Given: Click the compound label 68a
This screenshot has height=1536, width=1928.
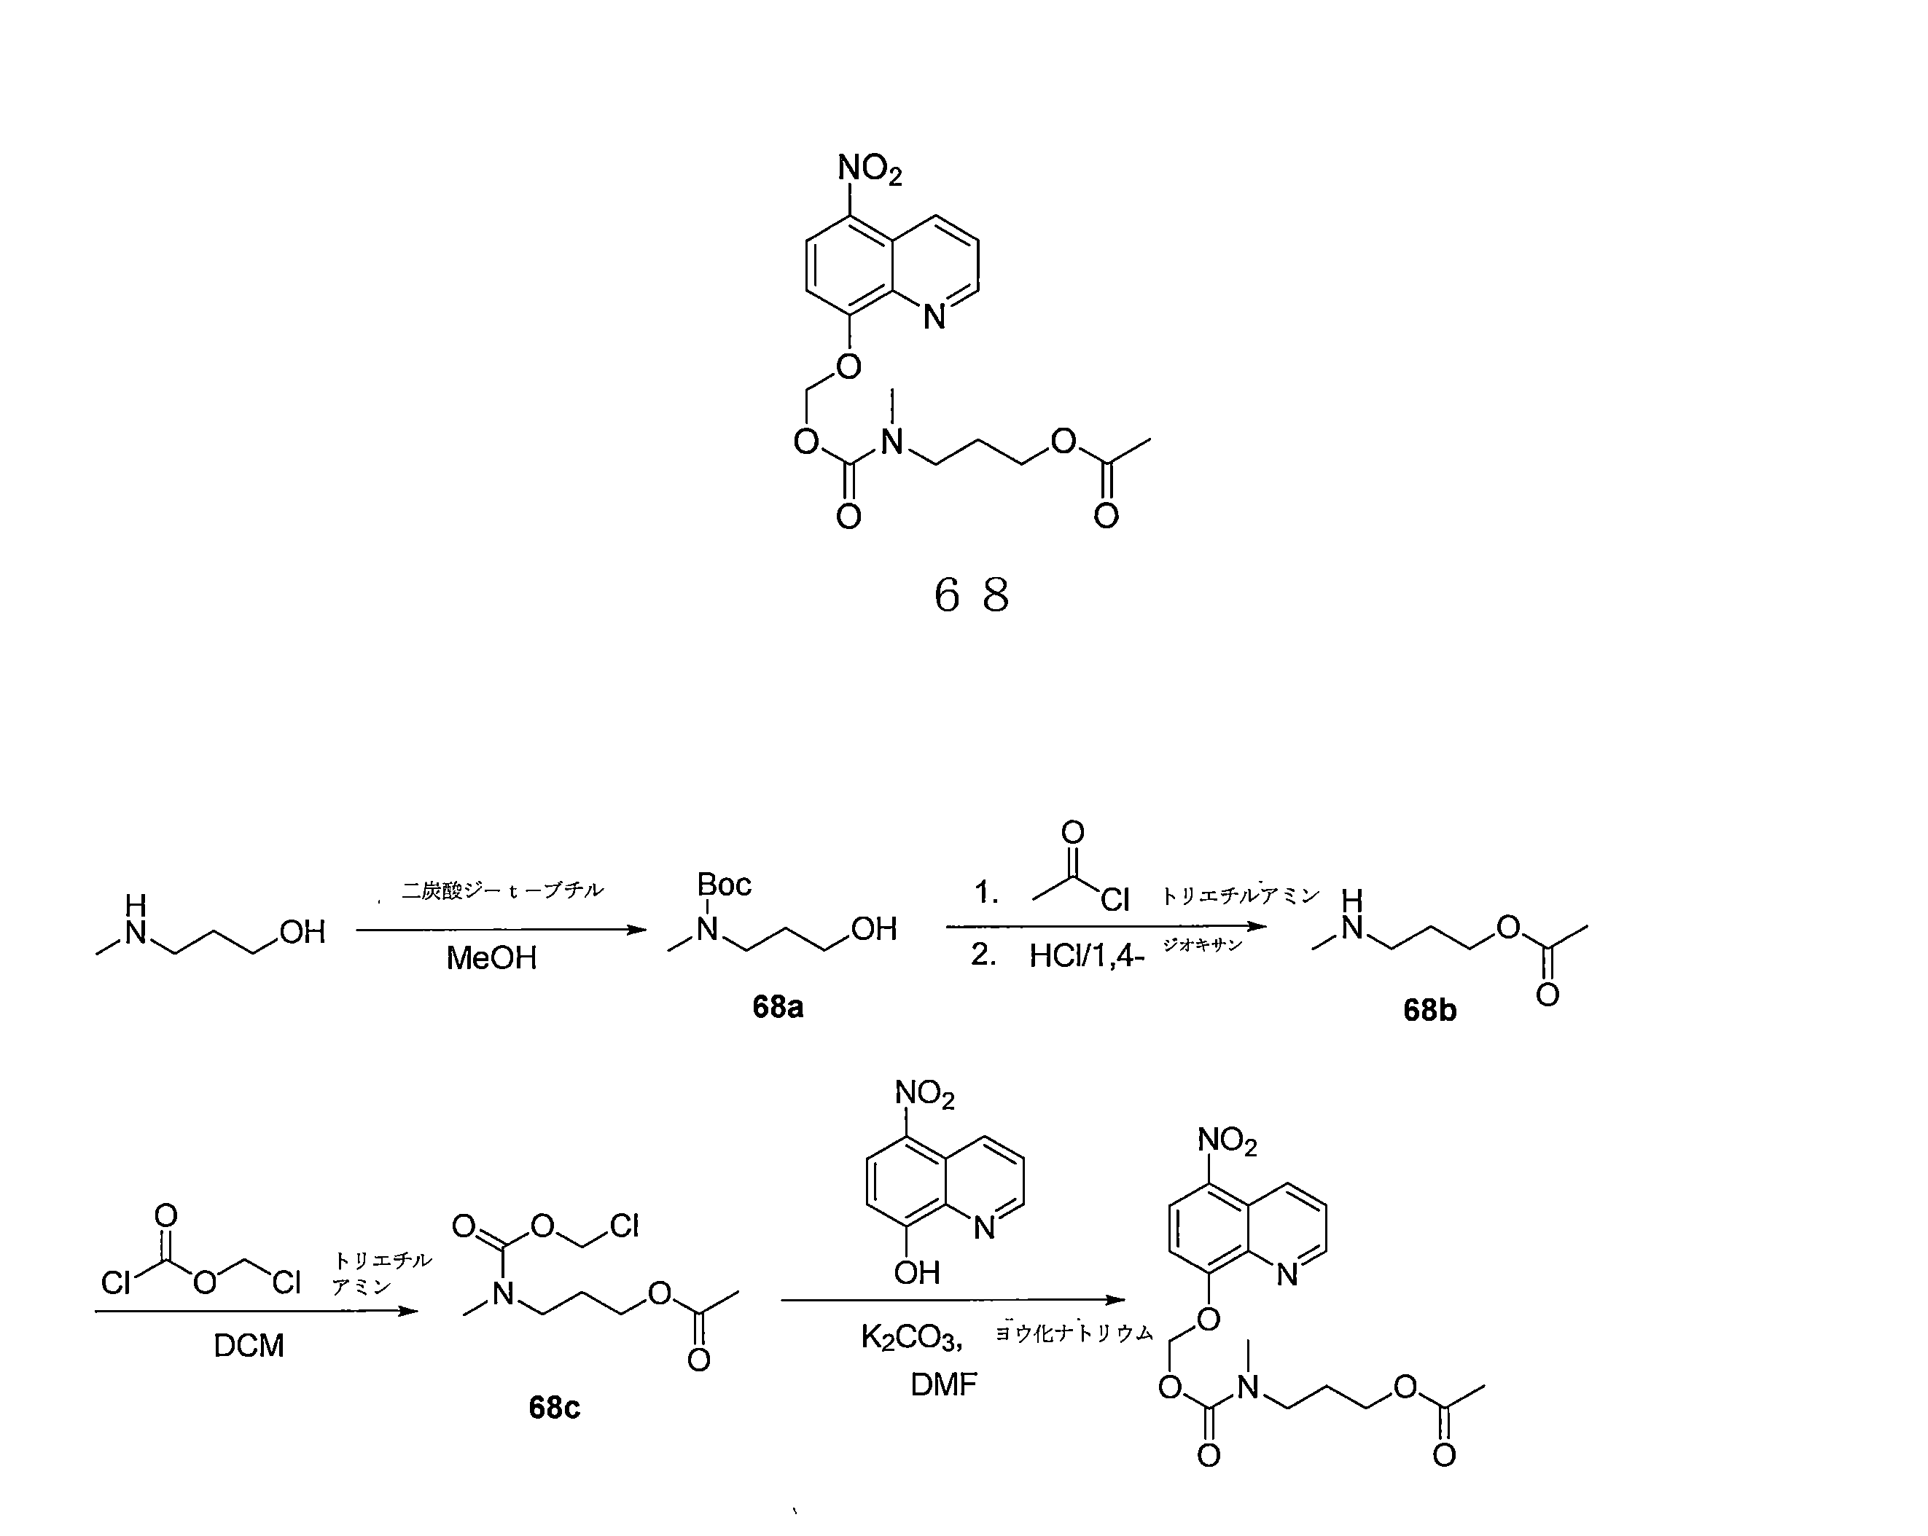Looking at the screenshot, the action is click(777, 1008).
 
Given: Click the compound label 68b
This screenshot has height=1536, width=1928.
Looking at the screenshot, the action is click(1429, 1011).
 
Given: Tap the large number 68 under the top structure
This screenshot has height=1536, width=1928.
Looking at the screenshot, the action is click(971, 595).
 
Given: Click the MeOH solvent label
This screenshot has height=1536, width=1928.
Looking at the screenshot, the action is click(491, 958).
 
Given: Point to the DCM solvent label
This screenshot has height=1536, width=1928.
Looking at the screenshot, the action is click(249, 1346).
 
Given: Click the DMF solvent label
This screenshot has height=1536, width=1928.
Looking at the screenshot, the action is click(943, 1385).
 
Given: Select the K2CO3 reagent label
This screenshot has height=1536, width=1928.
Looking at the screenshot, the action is click(910, 1338).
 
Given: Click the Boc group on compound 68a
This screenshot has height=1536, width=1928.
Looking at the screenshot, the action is click(723, 885).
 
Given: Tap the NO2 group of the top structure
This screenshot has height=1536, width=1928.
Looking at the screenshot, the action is click(869, 168).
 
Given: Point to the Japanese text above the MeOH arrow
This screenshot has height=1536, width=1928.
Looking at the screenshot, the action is click(502, 890).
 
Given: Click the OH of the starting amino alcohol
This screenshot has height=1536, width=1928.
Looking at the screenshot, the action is click(303, 933).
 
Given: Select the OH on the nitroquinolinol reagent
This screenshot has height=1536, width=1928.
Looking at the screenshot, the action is click(916, 1272).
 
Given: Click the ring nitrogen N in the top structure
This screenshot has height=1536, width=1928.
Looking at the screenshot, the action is click(934, 316).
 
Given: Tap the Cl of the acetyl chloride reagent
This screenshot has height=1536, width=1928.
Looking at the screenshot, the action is click(1115, 899).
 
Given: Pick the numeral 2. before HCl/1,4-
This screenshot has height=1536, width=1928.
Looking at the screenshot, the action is click(983, 955).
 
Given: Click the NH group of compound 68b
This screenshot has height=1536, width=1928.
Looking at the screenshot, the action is click(1351, 917).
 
